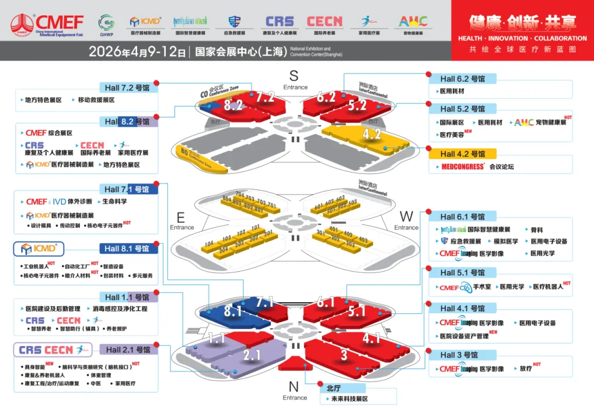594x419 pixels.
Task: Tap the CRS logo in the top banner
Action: (279, 22)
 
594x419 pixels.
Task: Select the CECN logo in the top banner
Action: (324, 22)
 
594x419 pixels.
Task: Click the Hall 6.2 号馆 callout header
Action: (462, 79)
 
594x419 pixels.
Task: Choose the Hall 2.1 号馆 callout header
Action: (128, 349)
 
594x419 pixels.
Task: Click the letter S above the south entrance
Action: (293, 75)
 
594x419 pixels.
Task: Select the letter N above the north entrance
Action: (293, 387)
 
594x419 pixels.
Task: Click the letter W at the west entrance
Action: (406, 217)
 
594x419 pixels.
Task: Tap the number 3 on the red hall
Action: (344, 354)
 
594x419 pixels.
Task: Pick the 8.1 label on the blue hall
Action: (232, 311)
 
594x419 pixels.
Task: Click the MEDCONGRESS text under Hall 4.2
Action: (463, 167)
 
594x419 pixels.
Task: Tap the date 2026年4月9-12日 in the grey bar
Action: (137, 51)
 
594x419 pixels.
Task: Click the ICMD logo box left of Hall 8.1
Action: (39, 249)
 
